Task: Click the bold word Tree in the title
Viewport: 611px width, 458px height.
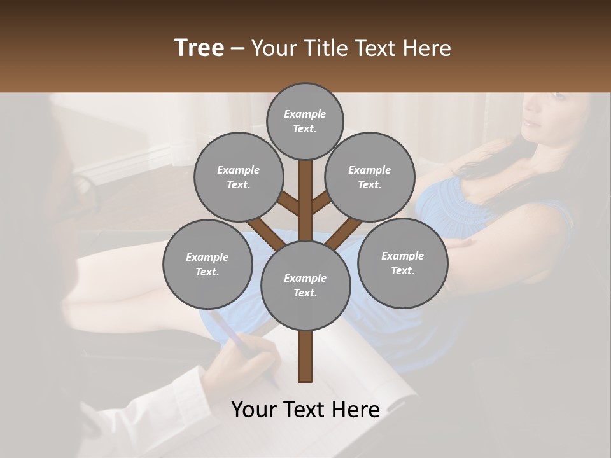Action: tap(199, 48)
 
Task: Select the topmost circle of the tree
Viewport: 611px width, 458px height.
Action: tap(305, 121)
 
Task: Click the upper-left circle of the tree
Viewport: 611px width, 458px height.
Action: tap(239, 177)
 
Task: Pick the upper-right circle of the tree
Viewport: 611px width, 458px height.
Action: tap(370, 177)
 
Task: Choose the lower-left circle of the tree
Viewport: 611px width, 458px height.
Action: tap(207, 264)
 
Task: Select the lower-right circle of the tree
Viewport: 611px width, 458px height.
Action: tap(402, 263)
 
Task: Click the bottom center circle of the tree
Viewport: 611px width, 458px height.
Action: tap(305, 286)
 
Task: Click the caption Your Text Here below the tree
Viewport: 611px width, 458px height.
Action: tap(305, 410)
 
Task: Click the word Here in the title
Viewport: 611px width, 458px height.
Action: tap(426, 48)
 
